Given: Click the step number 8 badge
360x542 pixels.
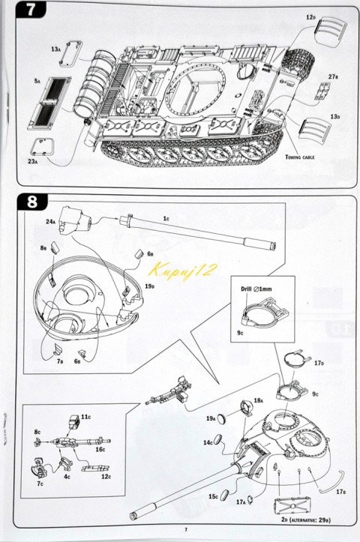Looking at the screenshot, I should tap(32, 202).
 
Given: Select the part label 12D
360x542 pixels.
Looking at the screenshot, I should tap(310, 16).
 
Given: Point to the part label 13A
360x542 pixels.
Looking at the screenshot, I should tap(56, 49).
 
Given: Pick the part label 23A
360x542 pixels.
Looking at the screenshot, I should tap(33, 160).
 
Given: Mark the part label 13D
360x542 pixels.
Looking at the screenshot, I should tap(334, 117).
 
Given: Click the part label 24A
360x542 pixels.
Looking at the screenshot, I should tap(49, 221).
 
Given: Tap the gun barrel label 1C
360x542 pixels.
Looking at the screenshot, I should tap(166, 217).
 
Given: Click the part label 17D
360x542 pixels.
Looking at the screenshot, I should tap(319, 364).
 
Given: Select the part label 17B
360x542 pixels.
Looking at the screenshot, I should tap(340, 492).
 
